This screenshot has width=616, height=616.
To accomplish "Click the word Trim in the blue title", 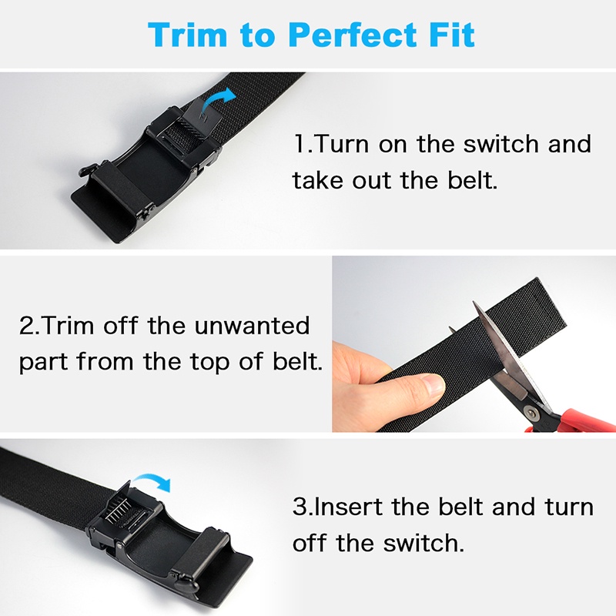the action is (187, 35).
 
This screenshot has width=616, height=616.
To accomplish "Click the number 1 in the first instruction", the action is (300, 144).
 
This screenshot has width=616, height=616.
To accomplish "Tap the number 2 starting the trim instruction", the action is (27, 326).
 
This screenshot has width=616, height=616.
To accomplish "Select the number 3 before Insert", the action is (300, 507).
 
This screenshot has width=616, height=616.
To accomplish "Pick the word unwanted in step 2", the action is (253, 326).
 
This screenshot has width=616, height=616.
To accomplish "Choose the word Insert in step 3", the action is (349, 507).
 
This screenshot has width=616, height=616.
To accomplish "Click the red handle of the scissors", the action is (577, 420).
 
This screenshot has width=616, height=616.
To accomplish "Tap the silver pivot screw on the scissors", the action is (532, 413).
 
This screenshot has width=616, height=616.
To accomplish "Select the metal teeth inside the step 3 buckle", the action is (119, 511).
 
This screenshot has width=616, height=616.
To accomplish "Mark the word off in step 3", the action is (310, 544).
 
